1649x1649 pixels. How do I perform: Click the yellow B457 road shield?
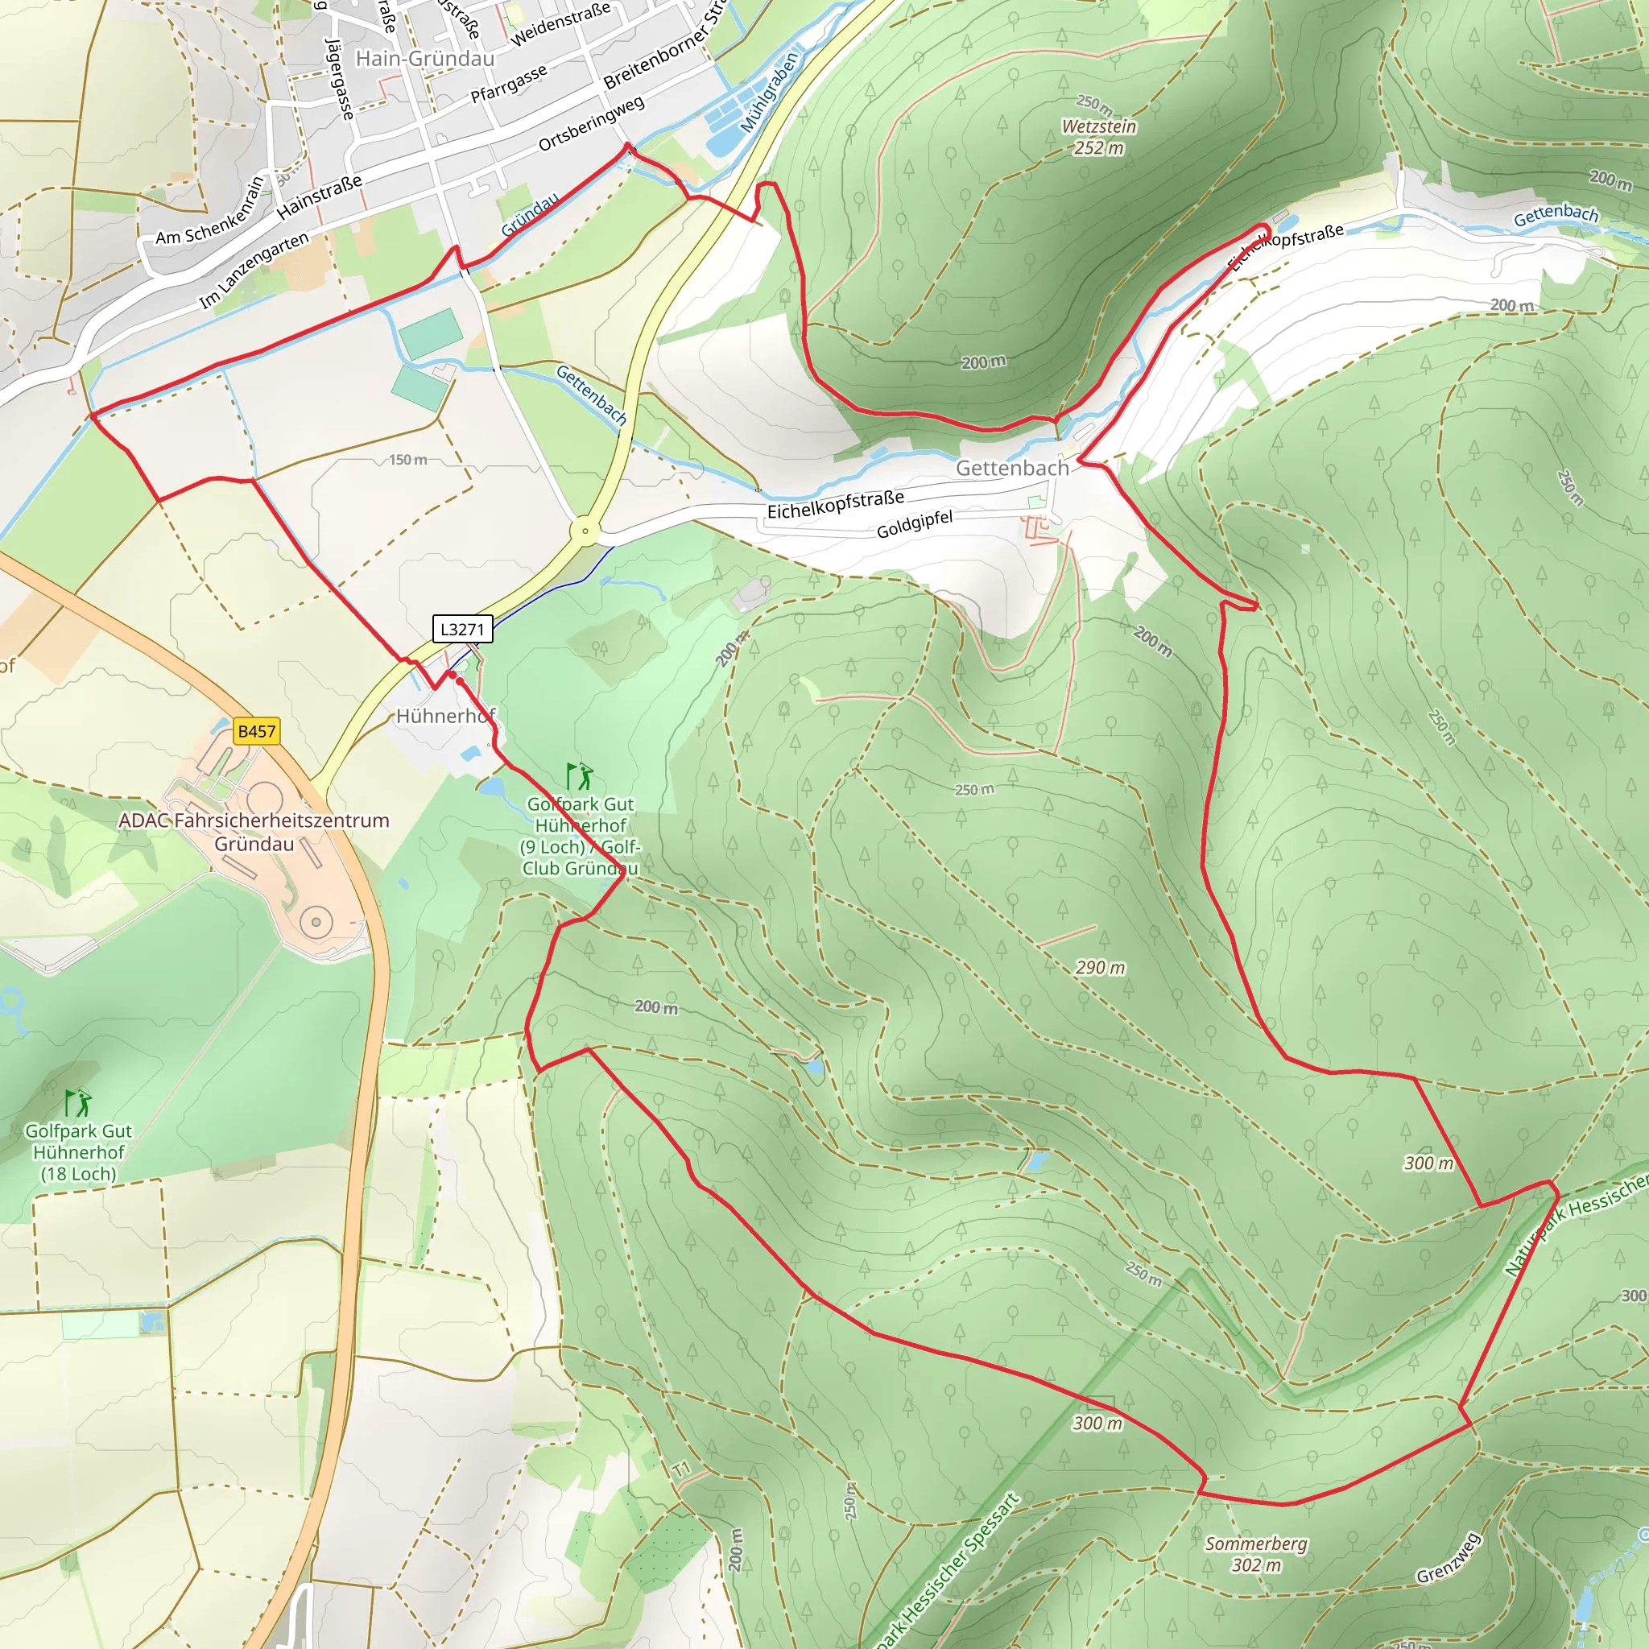click(x=256, y=731)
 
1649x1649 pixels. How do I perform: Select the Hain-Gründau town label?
click(x=425, y=59)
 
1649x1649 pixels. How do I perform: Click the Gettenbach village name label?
click(x=1011, y=468)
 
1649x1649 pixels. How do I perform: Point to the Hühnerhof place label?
click(x=444, y=715)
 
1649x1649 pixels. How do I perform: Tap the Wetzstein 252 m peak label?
click(x=1098, y=137)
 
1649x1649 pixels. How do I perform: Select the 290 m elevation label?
click(x=1099, y=967)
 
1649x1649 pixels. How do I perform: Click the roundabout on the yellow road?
click(x=585, y=531)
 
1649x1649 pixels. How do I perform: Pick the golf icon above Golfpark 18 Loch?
click(x=79, y=1103)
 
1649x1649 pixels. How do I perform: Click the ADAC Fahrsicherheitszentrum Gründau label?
click(x=254, y=831)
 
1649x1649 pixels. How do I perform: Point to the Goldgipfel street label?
click(x=914, y=524)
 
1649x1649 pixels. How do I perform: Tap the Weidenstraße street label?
click(x=560, y=23)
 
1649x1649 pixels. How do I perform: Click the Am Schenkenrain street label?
click(x=210, y=210)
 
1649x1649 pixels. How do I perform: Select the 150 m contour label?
click(x=408, y=460)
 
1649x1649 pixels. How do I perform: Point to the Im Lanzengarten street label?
click(x=254, y=271)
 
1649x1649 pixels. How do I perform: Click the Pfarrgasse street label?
click(x=509, y=84)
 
